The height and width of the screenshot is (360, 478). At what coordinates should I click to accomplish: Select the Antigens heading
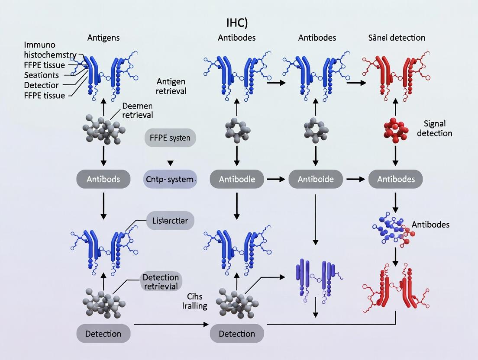point(103,38)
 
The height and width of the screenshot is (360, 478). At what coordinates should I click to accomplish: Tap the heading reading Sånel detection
point(395,38)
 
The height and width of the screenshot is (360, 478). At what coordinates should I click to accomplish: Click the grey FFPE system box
point(170,139)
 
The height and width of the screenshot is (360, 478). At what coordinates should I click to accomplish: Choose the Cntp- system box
point(170,179)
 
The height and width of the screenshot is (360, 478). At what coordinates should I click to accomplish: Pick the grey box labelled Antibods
point(103,179)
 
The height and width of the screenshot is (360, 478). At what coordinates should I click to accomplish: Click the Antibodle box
point(236,179)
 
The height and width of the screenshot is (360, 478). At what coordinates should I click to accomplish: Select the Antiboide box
point(315,179)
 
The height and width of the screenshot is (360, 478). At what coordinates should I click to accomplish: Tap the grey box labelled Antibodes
point(395,179)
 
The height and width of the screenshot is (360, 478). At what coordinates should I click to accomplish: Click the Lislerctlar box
point(170,221)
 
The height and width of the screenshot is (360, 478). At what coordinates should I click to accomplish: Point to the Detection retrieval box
point(160,282)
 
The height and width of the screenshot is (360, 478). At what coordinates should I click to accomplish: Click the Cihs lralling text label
point(195,301)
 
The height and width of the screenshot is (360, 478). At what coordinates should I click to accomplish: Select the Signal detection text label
point(434,129)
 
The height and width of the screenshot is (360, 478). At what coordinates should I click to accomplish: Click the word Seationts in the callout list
point(42,75)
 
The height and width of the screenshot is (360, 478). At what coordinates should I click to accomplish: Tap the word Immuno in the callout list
point(40,45)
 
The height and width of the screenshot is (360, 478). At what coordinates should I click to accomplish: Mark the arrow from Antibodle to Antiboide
point(273,179)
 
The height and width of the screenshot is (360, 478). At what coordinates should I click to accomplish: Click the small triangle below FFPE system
point(170,163)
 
